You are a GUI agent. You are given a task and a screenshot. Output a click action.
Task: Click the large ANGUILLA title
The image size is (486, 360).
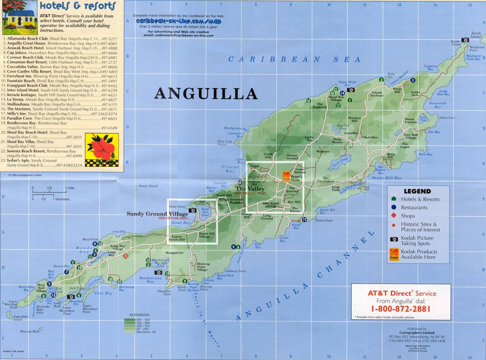(x=206, y=93)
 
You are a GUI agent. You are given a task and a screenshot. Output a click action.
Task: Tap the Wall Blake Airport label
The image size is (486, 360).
(x=270, y=205)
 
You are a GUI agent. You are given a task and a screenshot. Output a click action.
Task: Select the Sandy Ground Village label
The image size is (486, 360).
(x=157, y=214)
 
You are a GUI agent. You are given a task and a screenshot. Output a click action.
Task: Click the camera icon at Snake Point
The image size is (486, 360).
(x=465, y=40)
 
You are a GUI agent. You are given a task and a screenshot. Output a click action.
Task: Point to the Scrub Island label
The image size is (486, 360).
(x=476, y=35)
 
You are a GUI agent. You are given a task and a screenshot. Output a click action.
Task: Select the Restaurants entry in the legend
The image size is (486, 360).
(x=414, y=208)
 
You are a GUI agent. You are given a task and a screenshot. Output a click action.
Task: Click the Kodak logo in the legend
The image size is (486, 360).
(x=394, y=254)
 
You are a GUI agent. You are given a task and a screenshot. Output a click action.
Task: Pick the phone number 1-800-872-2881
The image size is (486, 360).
(x=401, y=309)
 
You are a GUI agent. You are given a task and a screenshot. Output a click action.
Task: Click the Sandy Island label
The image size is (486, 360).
(x=148, y=186)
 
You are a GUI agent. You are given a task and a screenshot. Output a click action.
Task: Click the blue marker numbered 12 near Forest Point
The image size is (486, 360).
(x=304, y=219)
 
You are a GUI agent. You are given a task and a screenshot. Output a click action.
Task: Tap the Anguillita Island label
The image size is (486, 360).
(x=20, y=318)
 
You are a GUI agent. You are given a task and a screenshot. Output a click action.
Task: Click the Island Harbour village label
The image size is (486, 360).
(x=377, y=94)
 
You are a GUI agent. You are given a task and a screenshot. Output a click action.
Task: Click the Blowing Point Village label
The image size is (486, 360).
(x=203, y=267)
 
